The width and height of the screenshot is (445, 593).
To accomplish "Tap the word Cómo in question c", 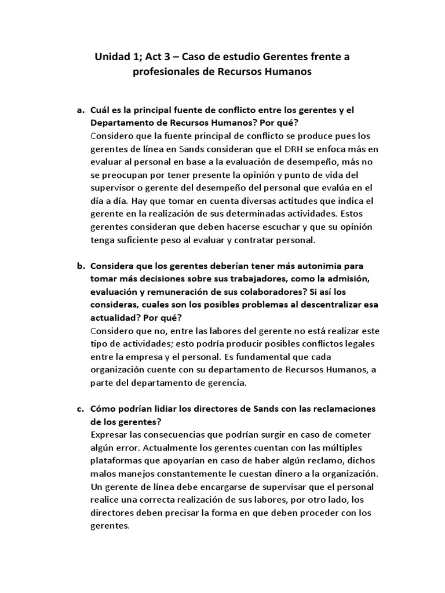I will (104, 409).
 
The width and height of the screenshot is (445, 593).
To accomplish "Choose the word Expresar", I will (111, 434).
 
